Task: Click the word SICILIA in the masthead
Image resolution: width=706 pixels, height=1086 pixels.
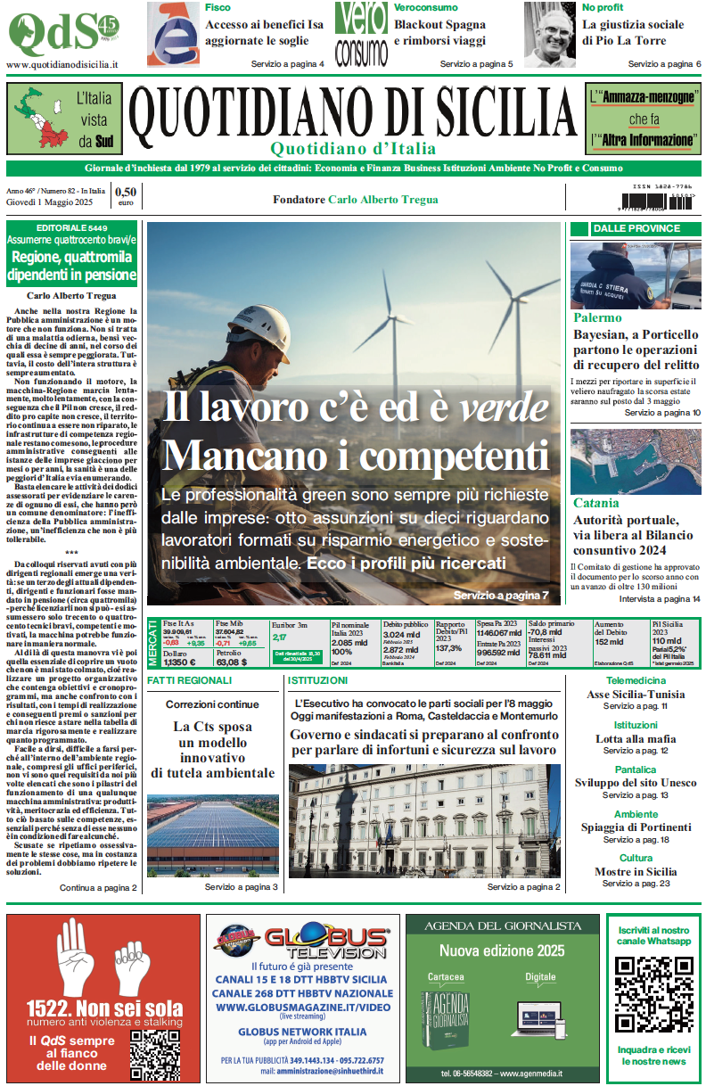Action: [483, 113]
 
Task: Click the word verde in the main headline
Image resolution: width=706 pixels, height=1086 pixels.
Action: [504, 408]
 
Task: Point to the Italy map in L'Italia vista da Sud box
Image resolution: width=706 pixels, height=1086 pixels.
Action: [43, 118]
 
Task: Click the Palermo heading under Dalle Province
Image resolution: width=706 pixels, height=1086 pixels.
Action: [597, 317]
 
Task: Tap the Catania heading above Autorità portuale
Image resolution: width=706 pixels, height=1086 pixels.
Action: [595, 503]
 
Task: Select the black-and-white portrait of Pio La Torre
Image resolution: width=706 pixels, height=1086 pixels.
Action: [549, 34]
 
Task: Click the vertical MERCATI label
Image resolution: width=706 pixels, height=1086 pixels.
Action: [152, 644]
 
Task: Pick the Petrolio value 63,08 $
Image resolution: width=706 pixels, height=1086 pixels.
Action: [232, 662]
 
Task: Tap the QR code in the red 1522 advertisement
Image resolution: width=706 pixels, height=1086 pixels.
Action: [153, 1053]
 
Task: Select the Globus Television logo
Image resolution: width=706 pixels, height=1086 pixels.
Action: [302, 942]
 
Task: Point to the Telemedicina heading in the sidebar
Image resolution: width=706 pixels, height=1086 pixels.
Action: [635, 680]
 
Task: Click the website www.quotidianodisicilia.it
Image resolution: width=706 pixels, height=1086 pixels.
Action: [62, 65]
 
